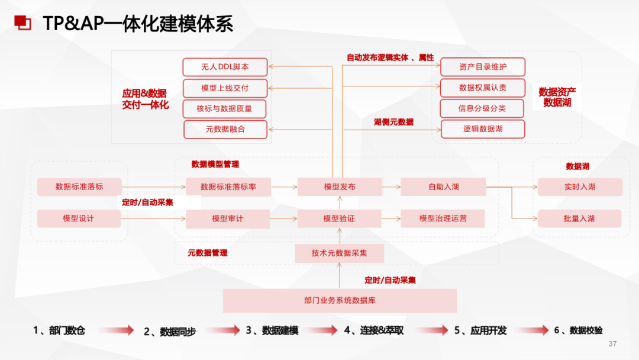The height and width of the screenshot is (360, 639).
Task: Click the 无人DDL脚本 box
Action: coord(225,67)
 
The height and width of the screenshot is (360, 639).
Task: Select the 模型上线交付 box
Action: coord(225,88)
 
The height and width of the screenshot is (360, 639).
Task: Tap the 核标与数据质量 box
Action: coord(225,109)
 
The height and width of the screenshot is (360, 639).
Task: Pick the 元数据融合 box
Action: coord(225,129)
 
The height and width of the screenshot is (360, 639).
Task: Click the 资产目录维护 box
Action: coord(483,67)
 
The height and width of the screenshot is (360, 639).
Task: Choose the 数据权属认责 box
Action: coord(483,88)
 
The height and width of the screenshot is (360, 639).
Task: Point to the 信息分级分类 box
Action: coord(483,108)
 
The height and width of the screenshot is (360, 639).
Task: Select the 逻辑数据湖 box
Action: coord(483,129)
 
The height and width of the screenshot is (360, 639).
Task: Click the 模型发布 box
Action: coord(340,187)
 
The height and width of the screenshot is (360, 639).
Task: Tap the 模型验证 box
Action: coord(340,218)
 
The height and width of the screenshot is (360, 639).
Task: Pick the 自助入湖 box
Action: coord(443,187)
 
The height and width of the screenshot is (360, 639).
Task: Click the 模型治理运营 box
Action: coord(443,218)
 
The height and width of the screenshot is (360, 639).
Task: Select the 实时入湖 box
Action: coord(580,187)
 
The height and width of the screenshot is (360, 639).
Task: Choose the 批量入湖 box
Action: coord(580,218)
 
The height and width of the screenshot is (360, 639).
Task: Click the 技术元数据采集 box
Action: coord(340,253)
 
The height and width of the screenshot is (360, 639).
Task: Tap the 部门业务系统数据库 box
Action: coord(340,301)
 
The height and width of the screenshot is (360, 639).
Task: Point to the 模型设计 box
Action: coord(79,218)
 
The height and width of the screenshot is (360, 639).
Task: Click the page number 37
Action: coord(612,344)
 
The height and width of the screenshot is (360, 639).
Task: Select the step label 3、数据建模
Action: coord(272,330)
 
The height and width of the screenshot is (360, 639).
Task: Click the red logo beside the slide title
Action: coord(22,23)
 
